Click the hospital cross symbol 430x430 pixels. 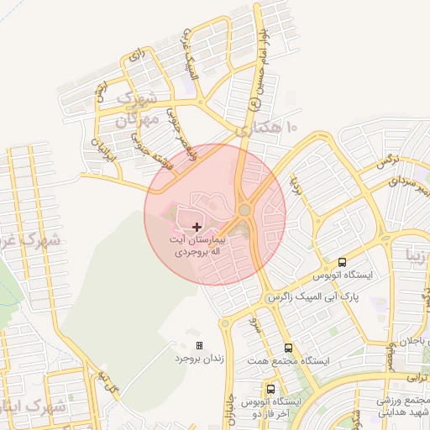point(197,227)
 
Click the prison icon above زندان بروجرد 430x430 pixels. point(199,345)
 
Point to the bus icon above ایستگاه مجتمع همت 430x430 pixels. point(289,347)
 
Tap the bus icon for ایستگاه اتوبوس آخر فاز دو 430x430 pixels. point(270,389)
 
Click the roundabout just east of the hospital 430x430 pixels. point(244,210)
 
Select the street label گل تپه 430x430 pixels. point(106,383)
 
